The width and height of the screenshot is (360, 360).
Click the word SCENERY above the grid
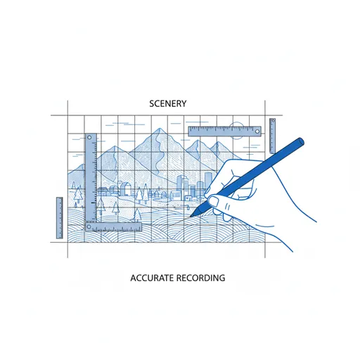168,103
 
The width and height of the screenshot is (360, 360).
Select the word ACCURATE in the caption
153,278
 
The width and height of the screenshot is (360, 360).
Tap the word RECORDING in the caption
201,278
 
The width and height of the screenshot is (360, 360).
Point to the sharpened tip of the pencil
191,217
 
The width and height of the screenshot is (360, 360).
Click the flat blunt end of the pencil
301,141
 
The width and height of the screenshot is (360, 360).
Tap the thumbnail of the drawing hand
213,201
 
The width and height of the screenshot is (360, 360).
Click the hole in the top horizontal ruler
257,131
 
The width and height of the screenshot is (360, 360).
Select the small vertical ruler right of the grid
272,136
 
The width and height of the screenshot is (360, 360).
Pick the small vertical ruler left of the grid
60,218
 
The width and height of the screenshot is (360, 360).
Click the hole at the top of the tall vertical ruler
89,138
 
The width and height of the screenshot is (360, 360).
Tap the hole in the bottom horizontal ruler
89,226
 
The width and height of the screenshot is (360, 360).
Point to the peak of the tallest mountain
160,129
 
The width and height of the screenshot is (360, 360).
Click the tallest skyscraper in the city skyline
208,181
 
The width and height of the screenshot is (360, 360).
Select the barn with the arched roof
126,189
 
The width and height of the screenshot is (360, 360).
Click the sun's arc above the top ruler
236,124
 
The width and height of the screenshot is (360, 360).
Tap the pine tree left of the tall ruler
78,195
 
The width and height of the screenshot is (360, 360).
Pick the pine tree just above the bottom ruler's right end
137,215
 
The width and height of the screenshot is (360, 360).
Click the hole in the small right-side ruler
273,121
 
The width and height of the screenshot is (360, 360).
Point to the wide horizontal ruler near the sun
225,131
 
